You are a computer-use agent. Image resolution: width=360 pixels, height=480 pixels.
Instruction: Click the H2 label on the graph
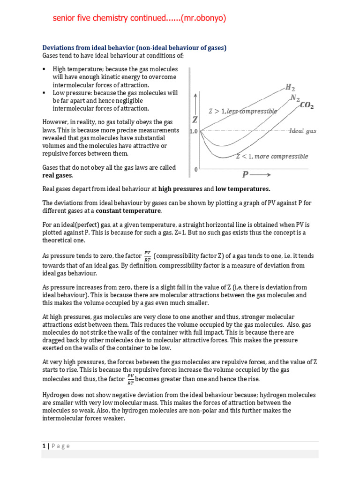coord(290,87)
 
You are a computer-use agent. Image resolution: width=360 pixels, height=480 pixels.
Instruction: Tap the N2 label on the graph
coord(295,97)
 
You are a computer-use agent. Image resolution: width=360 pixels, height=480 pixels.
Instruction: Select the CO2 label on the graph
coord(307,106)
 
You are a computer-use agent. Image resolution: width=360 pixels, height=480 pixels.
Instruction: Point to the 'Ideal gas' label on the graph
coord(302,131)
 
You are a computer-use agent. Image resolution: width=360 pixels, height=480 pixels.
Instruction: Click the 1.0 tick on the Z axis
coord(193,132)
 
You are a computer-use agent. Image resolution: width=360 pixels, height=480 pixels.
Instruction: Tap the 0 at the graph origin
coord(196,169)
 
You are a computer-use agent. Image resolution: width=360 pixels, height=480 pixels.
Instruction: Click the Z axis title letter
coord(195,120)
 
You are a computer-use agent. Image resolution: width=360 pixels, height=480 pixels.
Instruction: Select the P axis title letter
coord(245,175)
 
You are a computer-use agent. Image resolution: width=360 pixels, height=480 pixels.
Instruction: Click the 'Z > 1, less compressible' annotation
coord(242,111)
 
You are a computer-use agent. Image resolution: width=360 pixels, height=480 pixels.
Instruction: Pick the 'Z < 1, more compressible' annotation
coord(272,157)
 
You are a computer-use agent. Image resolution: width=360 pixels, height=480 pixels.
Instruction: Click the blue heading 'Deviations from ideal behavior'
coord(103,48)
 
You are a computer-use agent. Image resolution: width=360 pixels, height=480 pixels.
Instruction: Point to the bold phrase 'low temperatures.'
coord(243,189)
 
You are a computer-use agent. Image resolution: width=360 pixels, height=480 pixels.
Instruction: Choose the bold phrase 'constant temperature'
coord(125,211)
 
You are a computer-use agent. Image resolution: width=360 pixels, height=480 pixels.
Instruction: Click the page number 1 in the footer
coord(44,446)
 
